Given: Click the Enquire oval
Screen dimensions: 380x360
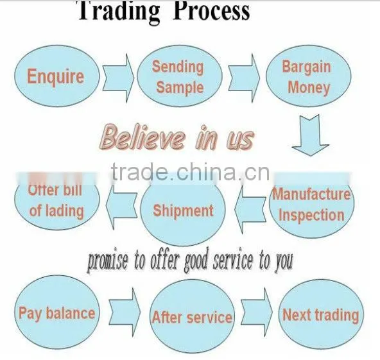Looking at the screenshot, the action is [x=56, y=76].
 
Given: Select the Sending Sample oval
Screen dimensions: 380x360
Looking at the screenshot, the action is [x=180, y=76].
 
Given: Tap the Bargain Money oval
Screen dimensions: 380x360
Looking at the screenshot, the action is [x=309, y=76].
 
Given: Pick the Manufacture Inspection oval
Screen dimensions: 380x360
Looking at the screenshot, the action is [x=312, y=206].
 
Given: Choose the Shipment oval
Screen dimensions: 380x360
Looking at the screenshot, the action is [x=183, y=211].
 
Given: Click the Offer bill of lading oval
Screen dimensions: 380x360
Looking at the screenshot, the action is [x=56, y=201].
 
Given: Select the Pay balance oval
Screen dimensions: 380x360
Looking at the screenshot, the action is [x=56, y=312].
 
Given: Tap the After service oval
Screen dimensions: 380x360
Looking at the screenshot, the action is [x=192, y=316].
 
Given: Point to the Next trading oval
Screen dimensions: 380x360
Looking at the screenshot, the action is [x=322, y=314].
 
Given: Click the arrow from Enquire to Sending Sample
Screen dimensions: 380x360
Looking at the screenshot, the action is [x=118, y=78].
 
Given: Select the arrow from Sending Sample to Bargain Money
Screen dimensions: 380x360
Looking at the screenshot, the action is [x=244, y=78].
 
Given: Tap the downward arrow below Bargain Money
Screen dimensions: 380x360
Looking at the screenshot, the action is [x=311, y=135].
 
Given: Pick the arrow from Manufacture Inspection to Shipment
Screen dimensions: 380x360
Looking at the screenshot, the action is [x=250, y=210].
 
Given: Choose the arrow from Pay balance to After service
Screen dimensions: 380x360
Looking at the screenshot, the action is [x=125, y=312].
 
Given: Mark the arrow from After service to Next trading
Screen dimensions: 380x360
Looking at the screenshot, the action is [x=257, y=312].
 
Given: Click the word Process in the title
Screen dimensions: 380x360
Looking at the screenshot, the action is [x=211, y=11].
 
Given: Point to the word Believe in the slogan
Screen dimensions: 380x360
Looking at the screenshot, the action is [x=142, y=137].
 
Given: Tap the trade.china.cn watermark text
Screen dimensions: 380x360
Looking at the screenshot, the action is [x=190, y=172].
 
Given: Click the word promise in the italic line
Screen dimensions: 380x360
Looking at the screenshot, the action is [x=107, y=261].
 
